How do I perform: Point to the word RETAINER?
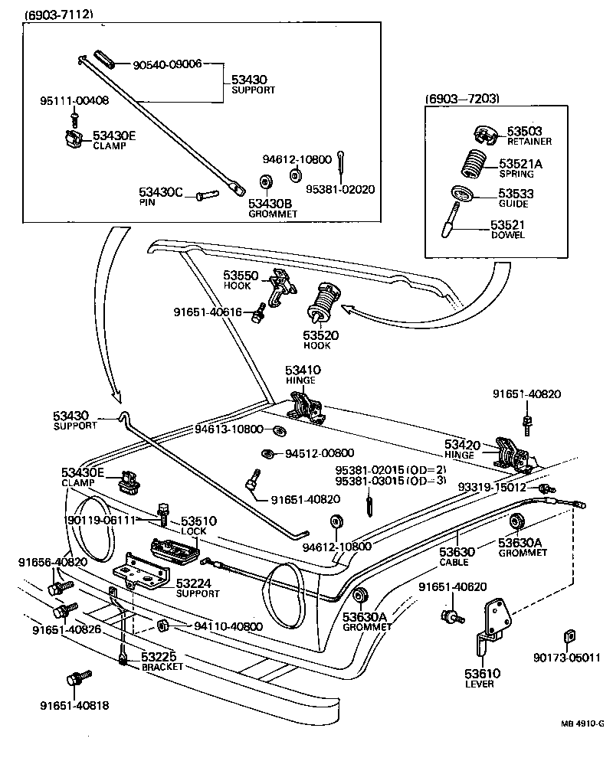pyautogui.click(x=530, y=142)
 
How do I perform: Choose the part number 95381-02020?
pyautogui.click(x=340, y=189)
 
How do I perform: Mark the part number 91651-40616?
pyautogui.click(x=207, y=312)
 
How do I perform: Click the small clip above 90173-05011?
pyautogui.click(x=568, y=635)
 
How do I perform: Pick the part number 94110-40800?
pyautogui.click(x=228, y=626)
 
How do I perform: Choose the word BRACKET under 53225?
pyautogui.click(x=162, y=667)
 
